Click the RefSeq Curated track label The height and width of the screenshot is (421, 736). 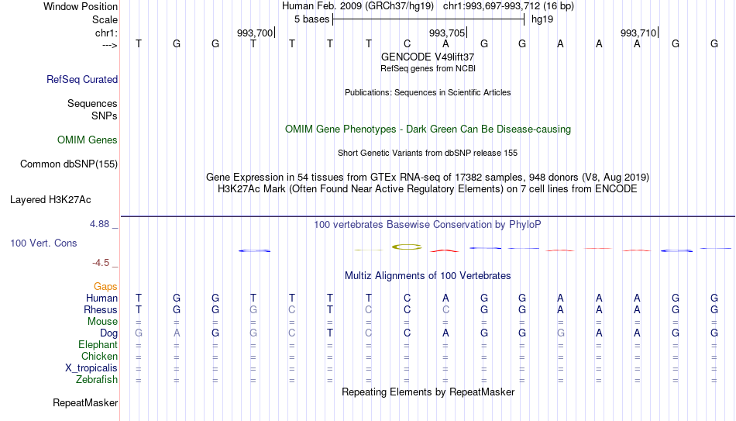tap(82, 79)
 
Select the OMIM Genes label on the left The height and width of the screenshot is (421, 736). tap(88, 140)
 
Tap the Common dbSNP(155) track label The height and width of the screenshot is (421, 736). tap(69, 164)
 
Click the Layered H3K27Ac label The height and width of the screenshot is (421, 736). tap(50, 200)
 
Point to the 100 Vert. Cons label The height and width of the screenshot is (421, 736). tap(43, 243)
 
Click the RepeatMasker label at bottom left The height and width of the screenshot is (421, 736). tap(85, 402)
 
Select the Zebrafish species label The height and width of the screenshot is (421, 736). tap(97, 379)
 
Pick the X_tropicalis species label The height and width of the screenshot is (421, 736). tap(91, 368)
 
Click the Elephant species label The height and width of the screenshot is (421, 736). tap(98, 344)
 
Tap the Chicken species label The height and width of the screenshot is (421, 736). tap(99, 356)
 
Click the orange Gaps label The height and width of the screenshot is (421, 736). tap(105, 287)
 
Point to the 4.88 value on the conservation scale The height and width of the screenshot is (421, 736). tap(99, 224)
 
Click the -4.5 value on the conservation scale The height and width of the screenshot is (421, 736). tap(101, 263)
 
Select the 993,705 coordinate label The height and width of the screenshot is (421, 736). tap(447, 33)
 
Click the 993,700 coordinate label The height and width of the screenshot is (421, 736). tap(255, 33)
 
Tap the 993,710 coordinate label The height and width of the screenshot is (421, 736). tap(638, 33)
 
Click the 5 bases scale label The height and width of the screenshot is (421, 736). tap(312, 19)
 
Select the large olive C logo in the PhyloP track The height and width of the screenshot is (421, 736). tap(407, 247)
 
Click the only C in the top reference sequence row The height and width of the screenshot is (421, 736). tap(407, 43)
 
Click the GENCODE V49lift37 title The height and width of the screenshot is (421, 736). tap(428, 57)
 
